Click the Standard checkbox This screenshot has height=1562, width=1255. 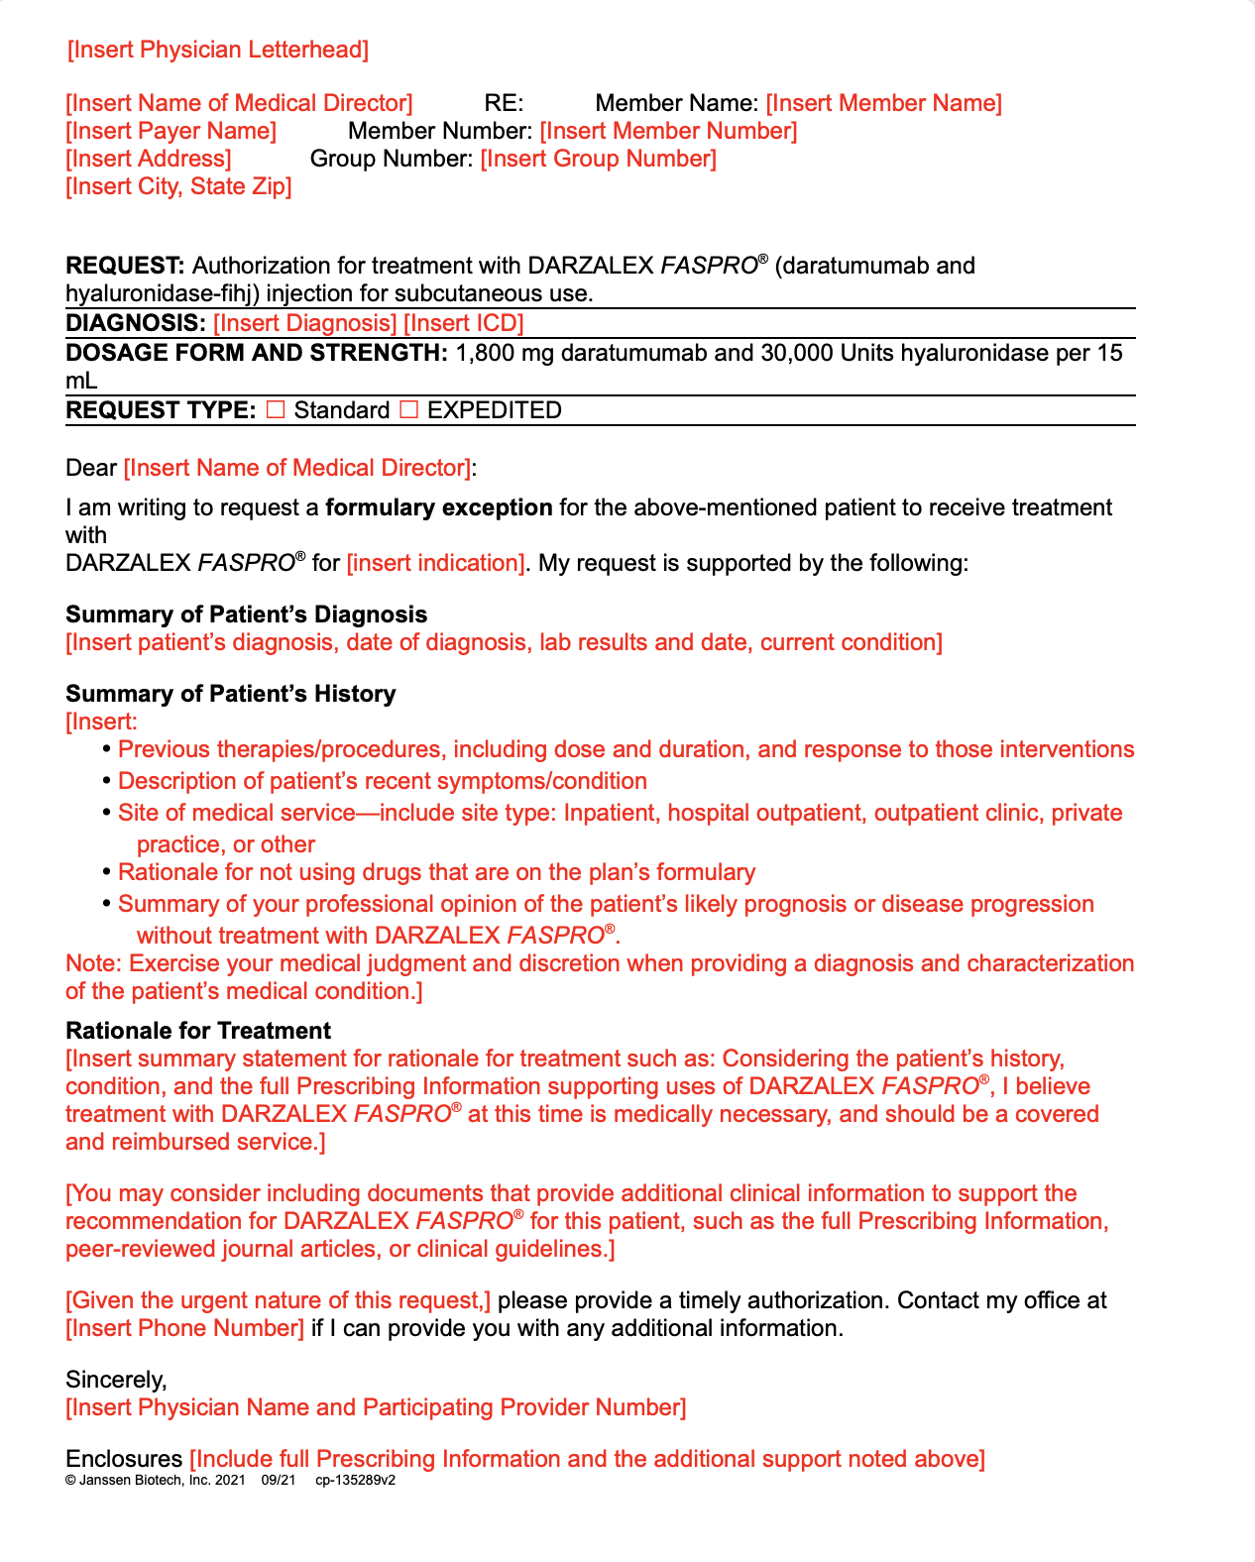click(x=276, y=409)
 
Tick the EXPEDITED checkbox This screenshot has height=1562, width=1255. click(x=408, y=409)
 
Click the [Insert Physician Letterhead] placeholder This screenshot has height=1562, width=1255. click(x=218, y=50)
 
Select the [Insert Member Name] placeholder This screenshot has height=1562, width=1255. click(x=883, y=103)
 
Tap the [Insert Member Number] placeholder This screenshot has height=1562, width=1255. click(x=668, y=131)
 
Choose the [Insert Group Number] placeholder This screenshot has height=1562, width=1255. click(x=598, y=159)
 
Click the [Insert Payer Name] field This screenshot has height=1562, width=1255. click(x=171, y=131)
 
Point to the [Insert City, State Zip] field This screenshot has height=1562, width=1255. click(x=178, y=186)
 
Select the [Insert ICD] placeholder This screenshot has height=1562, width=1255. click(x=463, y=323)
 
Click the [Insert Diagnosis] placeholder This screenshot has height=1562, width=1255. click(x=304, y=323)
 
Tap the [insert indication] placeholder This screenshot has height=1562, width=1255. click(x=435, y=563)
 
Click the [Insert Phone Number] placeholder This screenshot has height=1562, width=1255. click(x=184, y=1328)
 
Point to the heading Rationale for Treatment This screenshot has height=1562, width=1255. click(x=198, y=1031)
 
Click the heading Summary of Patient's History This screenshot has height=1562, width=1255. click(x=230, y=694)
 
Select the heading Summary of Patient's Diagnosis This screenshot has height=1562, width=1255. click(x=246, y=614)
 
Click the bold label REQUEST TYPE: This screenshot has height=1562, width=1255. click(x=161, y=410)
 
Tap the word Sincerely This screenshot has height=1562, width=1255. click(x=116, y=1380)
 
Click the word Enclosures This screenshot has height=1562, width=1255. click(x=124, y=1459)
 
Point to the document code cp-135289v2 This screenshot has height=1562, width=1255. click(x=355, y=1481)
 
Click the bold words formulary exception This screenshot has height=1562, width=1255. click(x=438, y=507)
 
